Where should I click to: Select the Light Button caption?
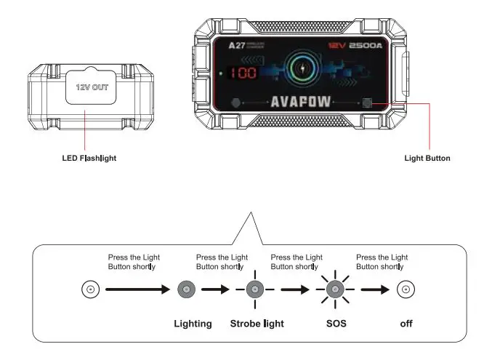tap(427, 158)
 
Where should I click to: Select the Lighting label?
tap(192, 323)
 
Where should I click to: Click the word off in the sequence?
tap(406, 323)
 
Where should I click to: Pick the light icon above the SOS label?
tap(334, 289)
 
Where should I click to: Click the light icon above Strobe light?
tap(254, 289)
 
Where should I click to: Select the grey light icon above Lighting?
tap(187, 289)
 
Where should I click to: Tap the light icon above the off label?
tap(405, 289)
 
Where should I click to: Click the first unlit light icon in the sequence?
tap(89, 289)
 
